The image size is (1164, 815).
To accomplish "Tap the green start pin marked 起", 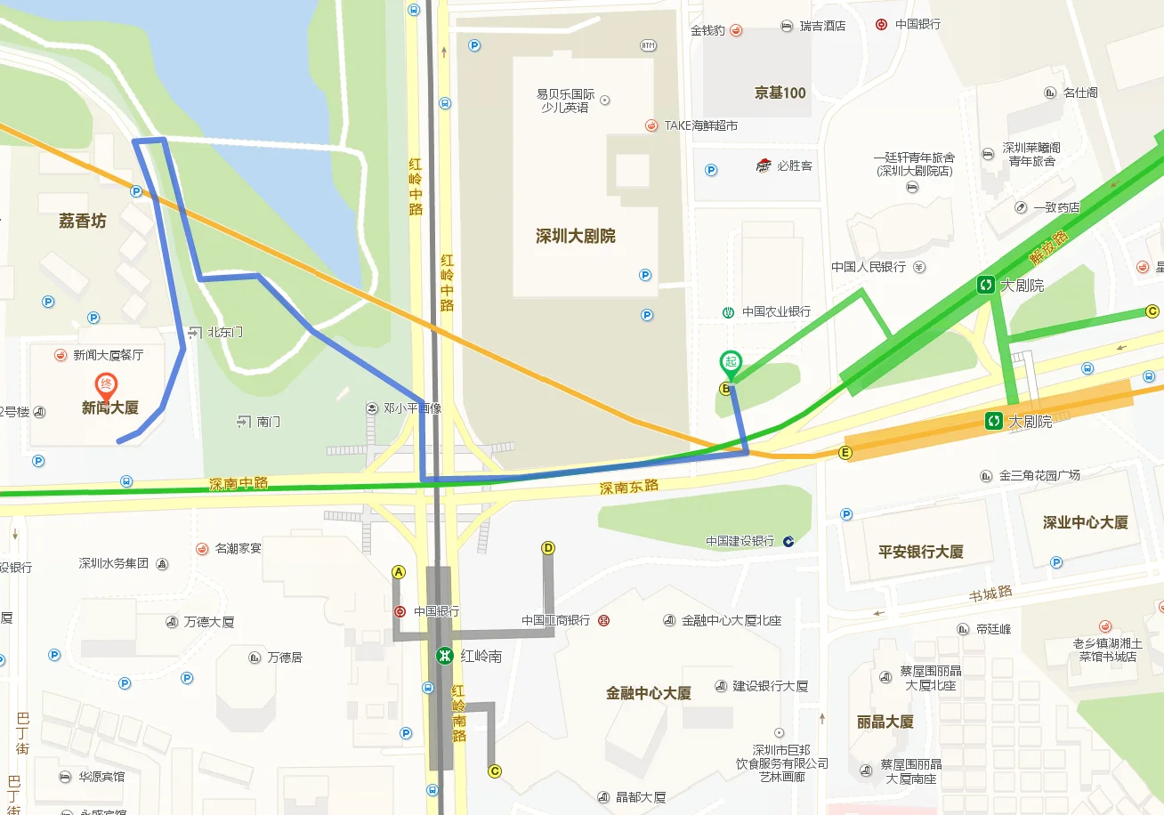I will (x=730, y=361).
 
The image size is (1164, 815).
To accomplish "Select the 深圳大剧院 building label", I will (x=575, y=236).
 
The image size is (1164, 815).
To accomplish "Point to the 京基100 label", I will (x=780, y=93).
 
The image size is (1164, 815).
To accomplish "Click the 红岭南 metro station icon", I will (x=442, y=656).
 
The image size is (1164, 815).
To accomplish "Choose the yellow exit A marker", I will (x=399, y=571).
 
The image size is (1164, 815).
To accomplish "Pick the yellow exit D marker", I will (x=548, y=548).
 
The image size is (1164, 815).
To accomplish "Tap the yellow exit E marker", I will (x=845, y=453).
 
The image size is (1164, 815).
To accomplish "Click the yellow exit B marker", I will (x=725, y=388).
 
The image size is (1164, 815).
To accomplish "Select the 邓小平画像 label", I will (x=412, y=408).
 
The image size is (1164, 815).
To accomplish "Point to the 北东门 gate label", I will (x=224, y=332).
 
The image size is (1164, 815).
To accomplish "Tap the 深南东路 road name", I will (x=628, y=487).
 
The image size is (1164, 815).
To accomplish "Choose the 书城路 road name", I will (x=991, y=593).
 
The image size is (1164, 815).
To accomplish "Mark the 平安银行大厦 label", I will (x=920, y=551).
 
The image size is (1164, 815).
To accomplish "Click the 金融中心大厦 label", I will (x=648, y=693).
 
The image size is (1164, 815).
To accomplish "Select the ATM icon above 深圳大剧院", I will (x=648, y=45).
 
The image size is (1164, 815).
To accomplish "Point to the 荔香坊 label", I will (x=82, y=221).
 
